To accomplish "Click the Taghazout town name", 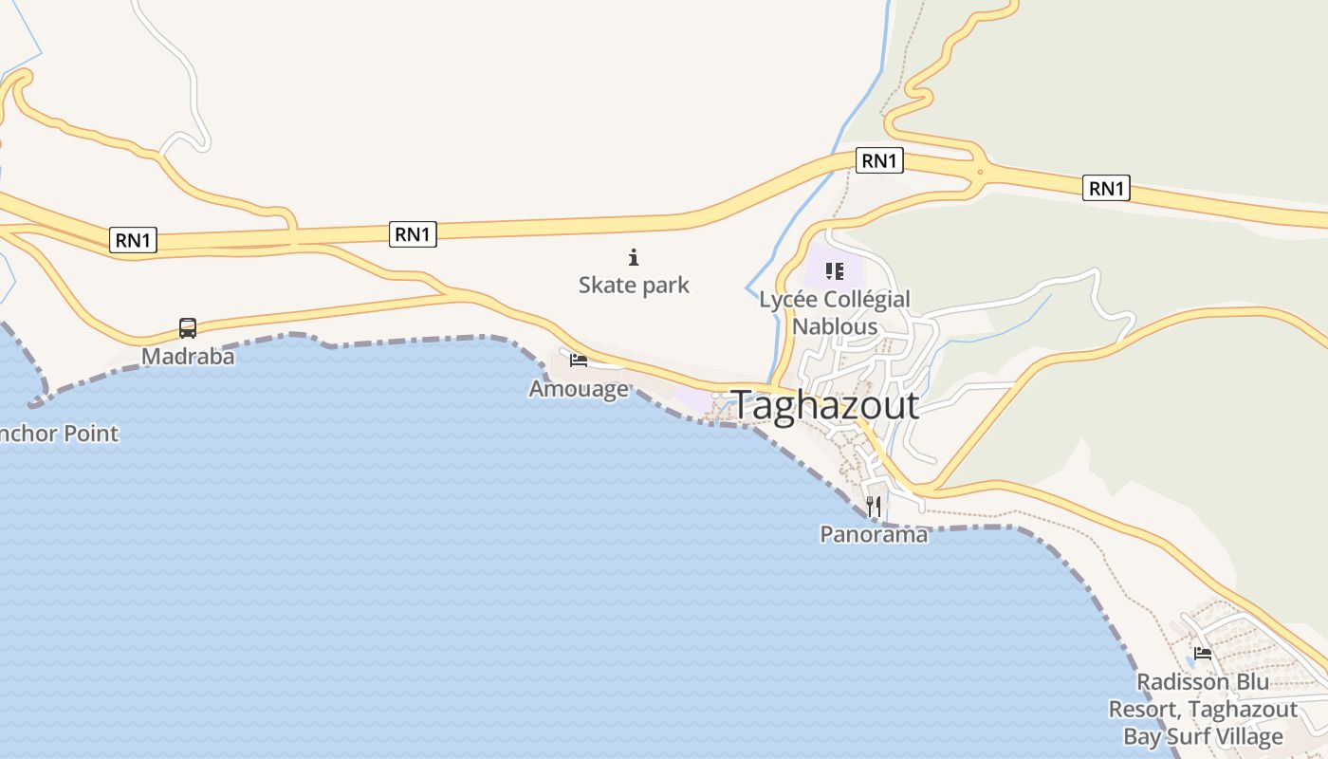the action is [x=825, y=405].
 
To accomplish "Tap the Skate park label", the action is [x=634, y=285].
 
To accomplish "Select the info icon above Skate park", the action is [x=634, y=257].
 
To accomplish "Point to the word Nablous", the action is [x=835, y=326].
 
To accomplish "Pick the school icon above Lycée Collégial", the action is [x=835, y=271].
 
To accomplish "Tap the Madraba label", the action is [x=188, y=357].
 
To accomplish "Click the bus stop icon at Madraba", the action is [x=188, y=328].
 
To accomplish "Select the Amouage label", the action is [x=579, y=388].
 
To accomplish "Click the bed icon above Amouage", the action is [x=579, y=360].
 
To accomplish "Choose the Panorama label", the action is [x=874, y=534].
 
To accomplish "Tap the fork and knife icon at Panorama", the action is [x=874, y=507].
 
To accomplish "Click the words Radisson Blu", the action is [x=1203, y=682].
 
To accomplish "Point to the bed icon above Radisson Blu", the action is [x=1203, y=653].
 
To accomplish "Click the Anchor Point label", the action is [x=59, y=434].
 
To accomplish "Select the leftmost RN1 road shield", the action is [x=133, y=240].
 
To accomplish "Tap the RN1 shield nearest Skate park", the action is [x=413, y=233].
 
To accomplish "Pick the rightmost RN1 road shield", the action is [x=1106, y=188].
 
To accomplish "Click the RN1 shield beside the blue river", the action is [x=879, y=160].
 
